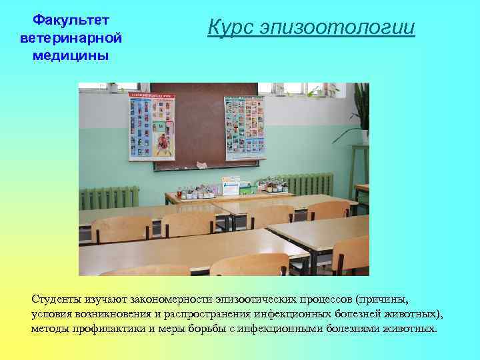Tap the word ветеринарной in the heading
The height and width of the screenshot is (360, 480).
tap(71, 39)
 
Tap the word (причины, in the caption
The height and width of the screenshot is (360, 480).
tap(381, 299)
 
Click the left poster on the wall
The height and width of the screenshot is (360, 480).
tap(151, 125)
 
